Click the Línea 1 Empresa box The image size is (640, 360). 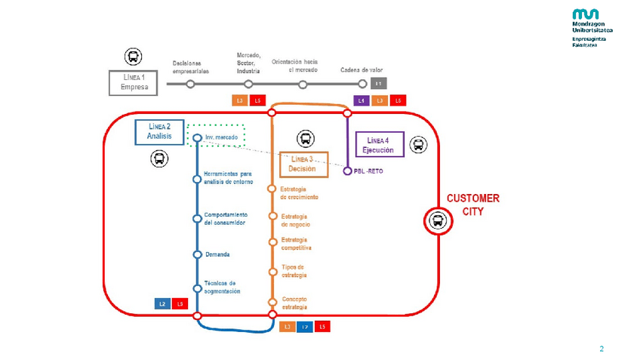[134, 82]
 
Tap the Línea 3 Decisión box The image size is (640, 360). [304, 164]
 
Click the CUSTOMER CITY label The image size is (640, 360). [472, 205]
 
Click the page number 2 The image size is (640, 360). [602, 349]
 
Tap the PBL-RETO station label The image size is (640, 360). [369, 171]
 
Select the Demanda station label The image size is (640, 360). [217, 254]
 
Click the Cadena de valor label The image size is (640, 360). [362, 70]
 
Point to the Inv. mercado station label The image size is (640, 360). [221, 137]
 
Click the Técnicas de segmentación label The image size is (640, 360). [222, 287]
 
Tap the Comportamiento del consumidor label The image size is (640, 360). [225, 220]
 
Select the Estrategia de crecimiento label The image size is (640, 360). [299, 192]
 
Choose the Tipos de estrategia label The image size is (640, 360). [293, 270]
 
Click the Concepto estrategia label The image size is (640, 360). [294, 303]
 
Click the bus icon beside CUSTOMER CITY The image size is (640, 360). [437, 220]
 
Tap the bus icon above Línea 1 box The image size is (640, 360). [133, 57]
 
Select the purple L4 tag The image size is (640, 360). [361, 100]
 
